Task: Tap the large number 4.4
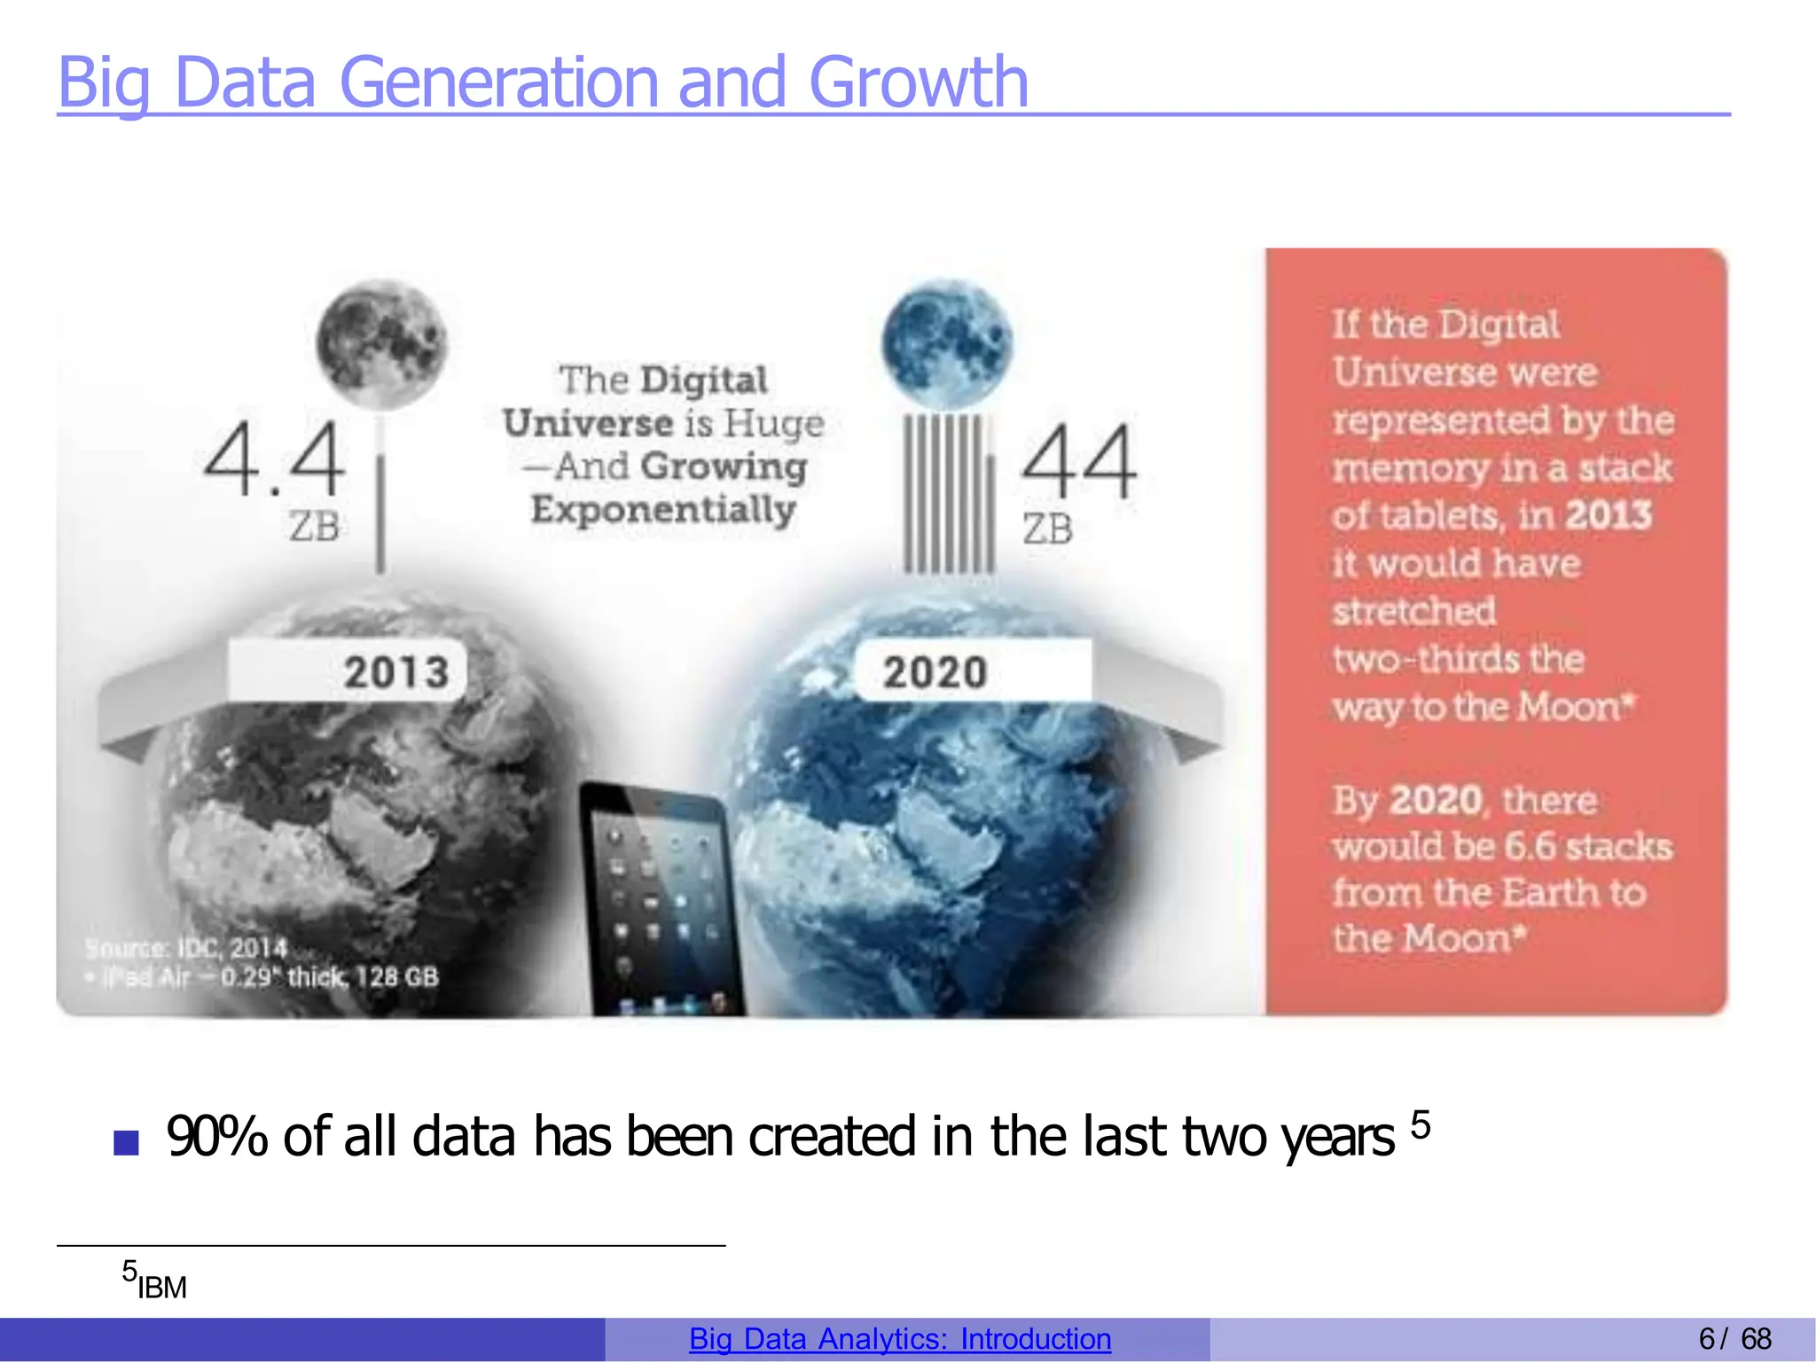(274, 458)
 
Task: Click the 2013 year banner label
(395, 671)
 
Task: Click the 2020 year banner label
(935, 671)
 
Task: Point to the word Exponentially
(663, 510)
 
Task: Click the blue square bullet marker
(127, 1142)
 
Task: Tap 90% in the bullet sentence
(216, 1137)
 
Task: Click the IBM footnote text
(161, 1287)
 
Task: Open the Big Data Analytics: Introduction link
(900, 1339)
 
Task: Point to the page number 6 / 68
(1734, 1339)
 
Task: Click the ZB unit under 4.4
(314, 527)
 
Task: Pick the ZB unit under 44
(1047, 529)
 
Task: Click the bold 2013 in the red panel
(1608, 515)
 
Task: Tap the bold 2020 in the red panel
(1436, 800)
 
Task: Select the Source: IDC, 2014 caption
(187, 948)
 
